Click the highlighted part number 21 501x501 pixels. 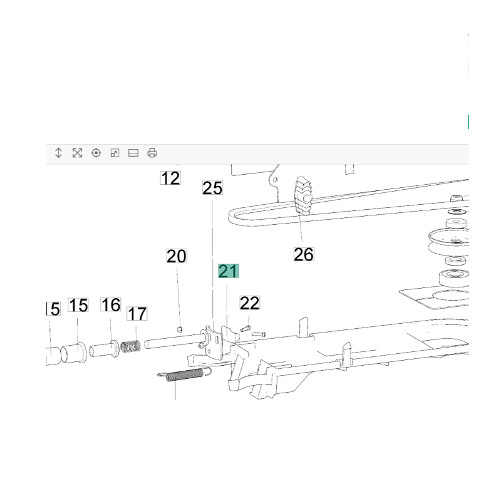pyautogui.click(x=228, y=271)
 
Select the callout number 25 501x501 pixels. pyautogui.click(x=212, y=188)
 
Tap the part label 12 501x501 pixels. pyautogui.click(x=170, y=178)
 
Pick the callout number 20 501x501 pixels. pyautogui.click(x=177, y=256)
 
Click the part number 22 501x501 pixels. pyautogui.click(x=250, y=303)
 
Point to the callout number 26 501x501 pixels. pyautogui.click(x=304, y=254)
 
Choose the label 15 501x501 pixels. pyautogui.click(x=78, y=305)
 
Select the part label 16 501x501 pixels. pyautogui.click(x=111, y=304)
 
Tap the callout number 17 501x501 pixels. pyautogui.click(x=137, y=314)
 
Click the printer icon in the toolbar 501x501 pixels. pyautogui.click(x=152, y=153)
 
